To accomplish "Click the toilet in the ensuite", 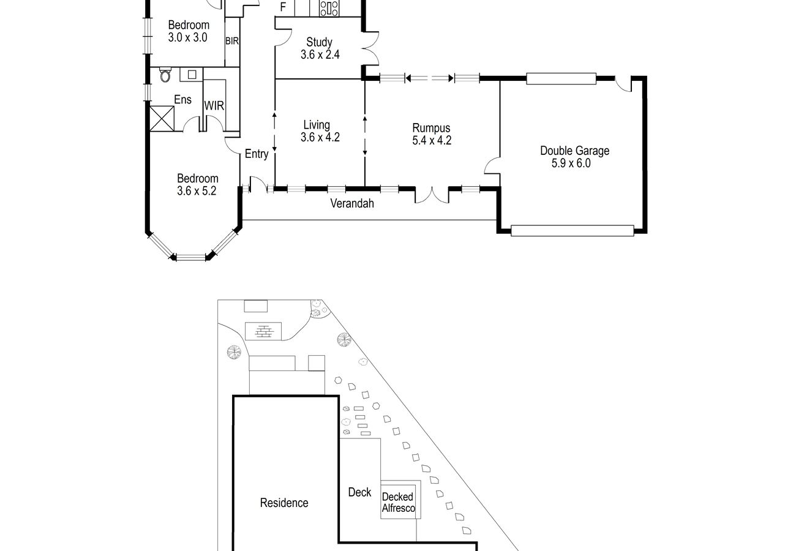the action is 165,75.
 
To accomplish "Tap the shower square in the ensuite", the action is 162,119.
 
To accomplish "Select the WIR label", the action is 214,105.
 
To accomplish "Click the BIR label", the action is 232,41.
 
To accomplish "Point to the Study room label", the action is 319,42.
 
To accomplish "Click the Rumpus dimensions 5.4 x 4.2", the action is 432,140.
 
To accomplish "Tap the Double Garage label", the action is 574,151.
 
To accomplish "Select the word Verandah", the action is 352,203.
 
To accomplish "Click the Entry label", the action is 257,154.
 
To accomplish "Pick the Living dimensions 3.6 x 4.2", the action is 320,137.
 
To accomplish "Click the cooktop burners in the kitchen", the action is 329,8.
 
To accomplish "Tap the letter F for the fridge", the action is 283,7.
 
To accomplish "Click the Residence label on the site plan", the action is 284,503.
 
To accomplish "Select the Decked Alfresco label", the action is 398,503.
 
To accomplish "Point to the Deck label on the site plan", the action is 359,492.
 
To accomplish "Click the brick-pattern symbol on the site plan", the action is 263,331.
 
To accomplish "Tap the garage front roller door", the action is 572,231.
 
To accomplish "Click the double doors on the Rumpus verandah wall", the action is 432,195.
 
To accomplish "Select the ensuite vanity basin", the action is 192,75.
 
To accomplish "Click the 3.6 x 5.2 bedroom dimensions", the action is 197,191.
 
